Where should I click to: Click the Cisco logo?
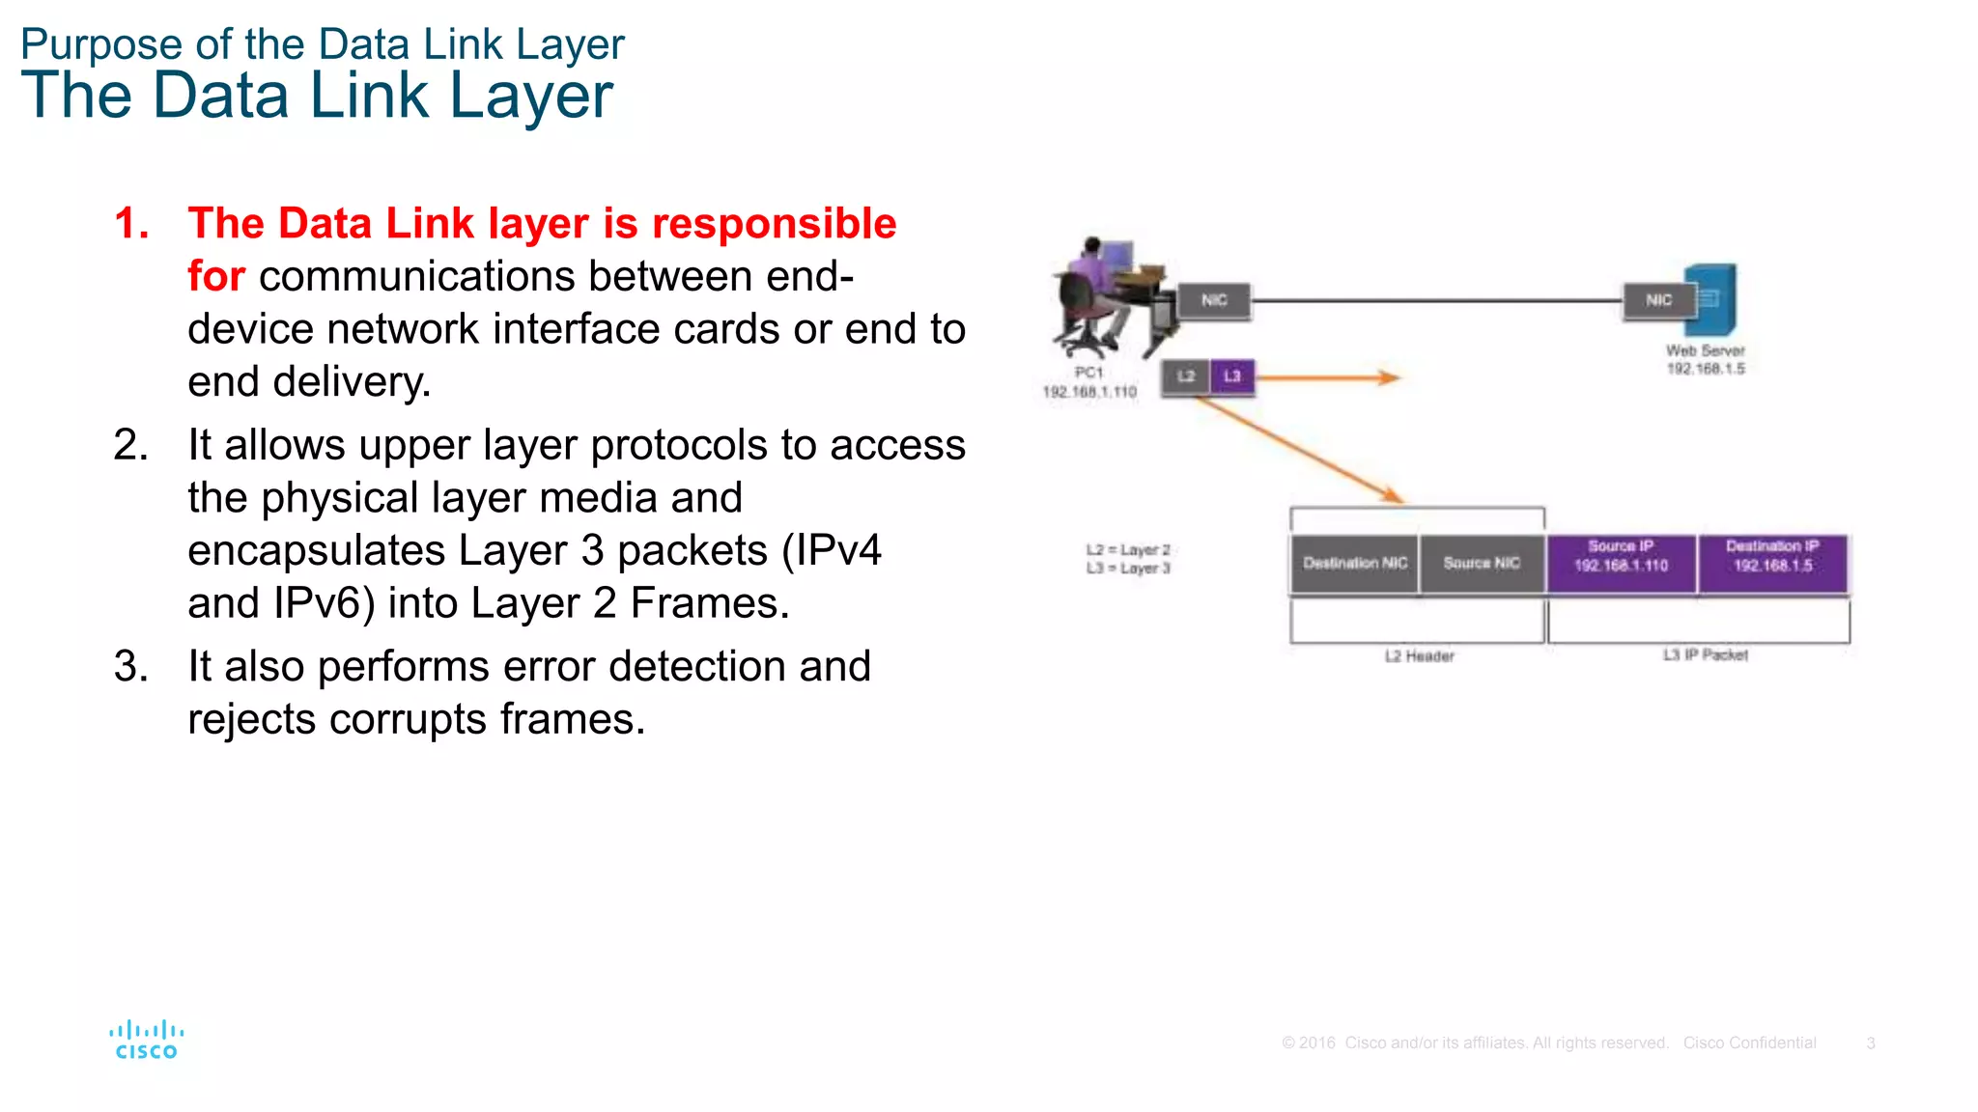coord(146,1041)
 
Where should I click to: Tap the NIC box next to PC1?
coord(1214,300)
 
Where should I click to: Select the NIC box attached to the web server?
coord(1658,300)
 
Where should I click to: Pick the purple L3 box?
coord(1232,376)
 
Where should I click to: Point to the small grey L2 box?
coord(1185,376)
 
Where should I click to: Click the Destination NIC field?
coord(1354,564)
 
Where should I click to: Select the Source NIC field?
coord(1482,564)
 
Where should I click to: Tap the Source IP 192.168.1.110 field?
coord(1621,564)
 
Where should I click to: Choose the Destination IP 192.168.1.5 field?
coord(1772,564)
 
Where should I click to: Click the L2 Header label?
coord(1419,656)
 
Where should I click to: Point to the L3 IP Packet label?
coord(1705,655)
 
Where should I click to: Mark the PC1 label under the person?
coord(1088,373)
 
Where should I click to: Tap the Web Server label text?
coord(1705,351)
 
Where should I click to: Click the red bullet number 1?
coord(130,224)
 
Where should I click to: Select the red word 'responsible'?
coord(774,224)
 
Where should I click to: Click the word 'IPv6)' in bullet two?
coord(324,603)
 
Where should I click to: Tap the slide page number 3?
coord(1871,1043)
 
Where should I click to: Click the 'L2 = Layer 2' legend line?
coord(1127,550)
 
